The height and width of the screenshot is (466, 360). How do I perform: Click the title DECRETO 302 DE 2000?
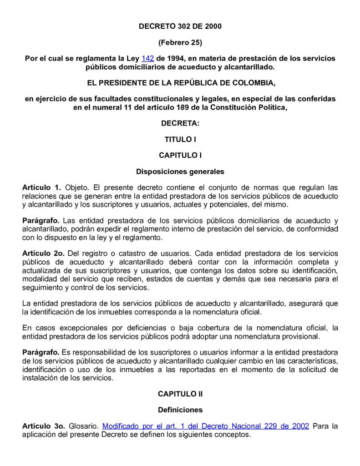tap(180, 27)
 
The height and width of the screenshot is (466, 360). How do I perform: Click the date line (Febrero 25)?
tap(180, 43)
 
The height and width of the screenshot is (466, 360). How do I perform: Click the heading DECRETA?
tap(180, 123)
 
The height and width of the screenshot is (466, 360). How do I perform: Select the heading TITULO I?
tap(180, 139)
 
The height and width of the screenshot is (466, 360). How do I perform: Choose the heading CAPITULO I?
tap(180, 155)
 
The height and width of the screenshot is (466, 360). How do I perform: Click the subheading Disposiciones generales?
tap(180, 172)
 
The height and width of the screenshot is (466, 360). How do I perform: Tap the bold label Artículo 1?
tap(41, 187)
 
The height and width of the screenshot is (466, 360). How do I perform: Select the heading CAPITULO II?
tap(180, 394)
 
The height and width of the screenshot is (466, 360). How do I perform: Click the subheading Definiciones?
tap(180, 410)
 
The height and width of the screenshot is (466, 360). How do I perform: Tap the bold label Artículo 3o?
tap(43, 426)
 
